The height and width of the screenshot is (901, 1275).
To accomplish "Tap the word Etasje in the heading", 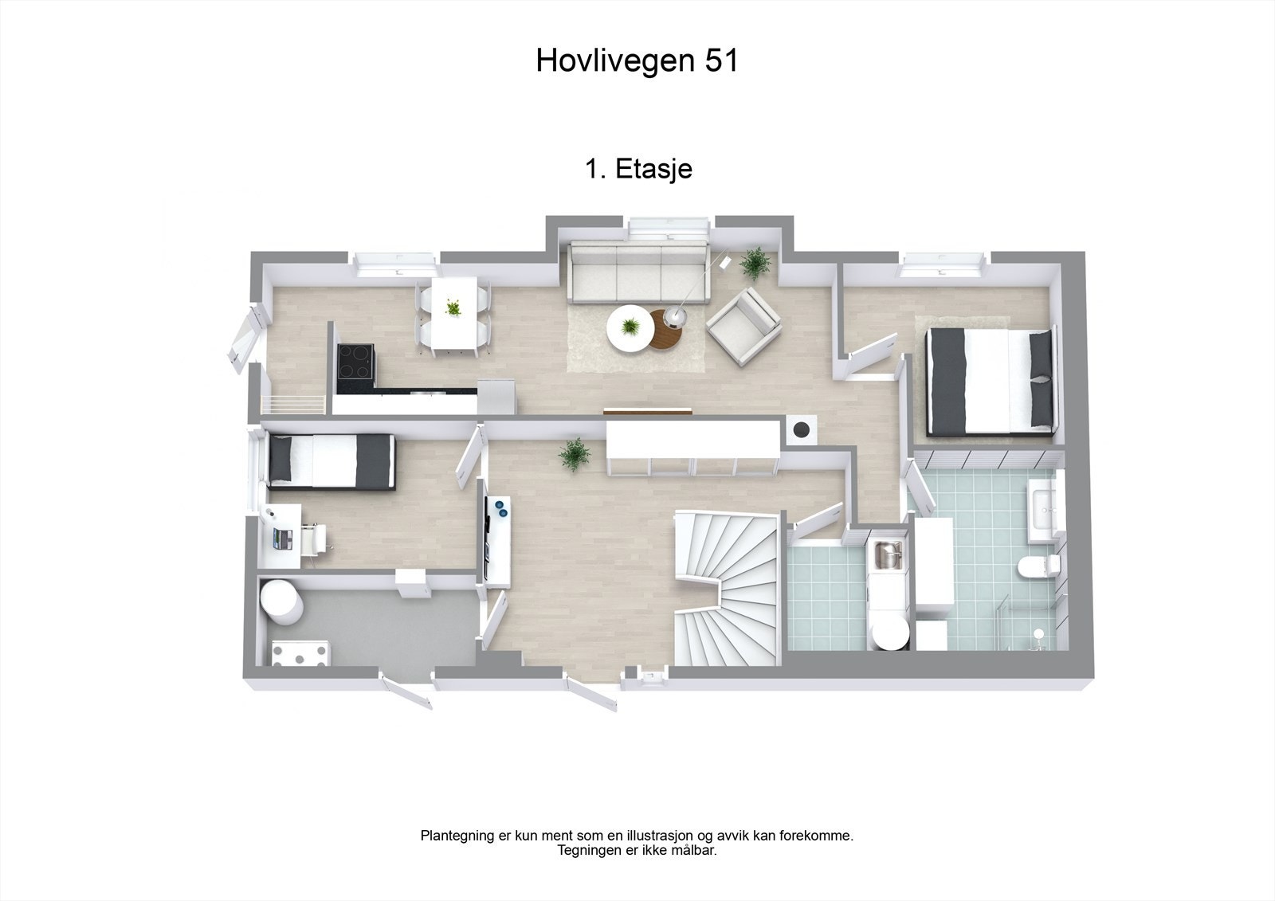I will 653,169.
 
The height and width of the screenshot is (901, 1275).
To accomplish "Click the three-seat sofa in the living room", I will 638,274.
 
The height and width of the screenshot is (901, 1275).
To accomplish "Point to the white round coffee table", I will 630,328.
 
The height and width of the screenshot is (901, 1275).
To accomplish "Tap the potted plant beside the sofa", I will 754,262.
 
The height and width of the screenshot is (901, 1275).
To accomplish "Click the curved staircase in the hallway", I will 727,586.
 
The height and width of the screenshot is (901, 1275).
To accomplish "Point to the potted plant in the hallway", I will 573,453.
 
